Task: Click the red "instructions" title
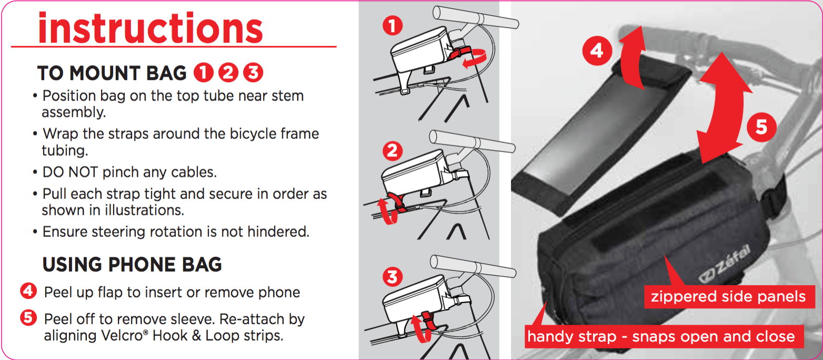point(150,28)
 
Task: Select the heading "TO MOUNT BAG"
point(112,73)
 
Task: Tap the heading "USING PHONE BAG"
point(132,265)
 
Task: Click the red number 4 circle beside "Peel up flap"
point(28,291)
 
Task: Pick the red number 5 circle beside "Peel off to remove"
point(28,318)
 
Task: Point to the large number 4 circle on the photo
point(597,51)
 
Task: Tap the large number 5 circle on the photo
point(761,127)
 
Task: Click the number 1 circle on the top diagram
point(393,26)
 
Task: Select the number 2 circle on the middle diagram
point(393,151)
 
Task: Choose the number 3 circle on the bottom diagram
point(393,277)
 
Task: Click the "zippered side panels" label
point(728,297)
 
